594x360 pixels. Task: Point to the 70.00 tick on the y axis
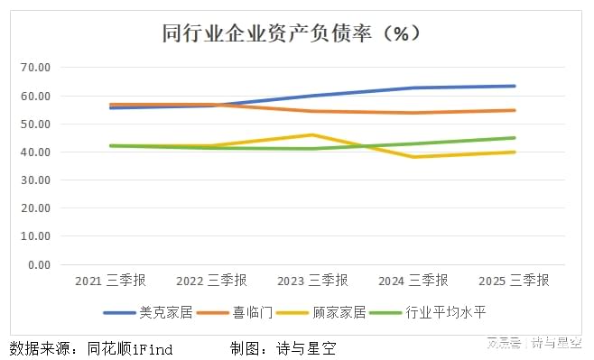pos(35,68)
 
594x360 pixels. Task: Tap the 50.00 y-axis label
pos(35,125)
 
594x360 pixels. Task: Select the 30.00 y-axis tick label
pos(35,180)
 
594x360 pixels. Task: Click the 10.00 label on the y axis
pos(35,236)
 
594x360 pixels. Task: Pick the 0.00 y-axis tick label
pos(40,265)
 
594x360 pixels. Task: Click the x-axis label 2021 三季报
pos(110,281)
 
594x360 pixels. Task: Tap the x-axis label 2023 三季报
pos(312,281)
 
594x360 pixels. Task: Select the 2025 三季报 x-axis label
pos(514,281)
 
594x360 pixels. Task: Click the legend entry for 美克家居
pos(148,313)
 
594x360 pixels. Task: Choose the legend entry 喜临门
pos(235,313)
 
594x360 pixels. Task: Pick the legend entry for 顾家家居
pos(321,313)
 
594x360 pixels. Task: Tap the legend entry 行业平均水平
pos(427,313)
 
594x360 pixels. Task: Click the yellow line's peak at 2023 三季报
pos(312,134)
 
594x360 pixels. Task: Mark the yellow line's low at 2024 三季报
pos(413,157)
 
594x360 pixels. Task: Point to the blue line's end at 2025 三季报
pos(515,87)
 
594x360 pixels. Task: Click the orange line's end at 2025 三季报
pos(515,111)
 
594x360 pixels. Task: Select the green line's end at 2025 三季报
pos(515,138)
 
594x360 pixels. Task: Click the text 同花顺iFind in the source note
pos(130,348)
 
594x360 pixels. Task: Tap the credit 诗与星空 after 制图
pos(306,348)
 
